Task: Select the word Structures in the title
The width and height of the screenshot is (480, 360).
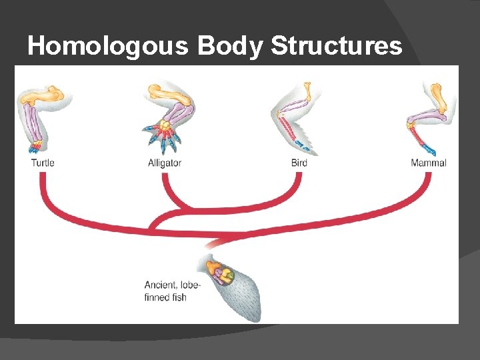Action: point(338,46)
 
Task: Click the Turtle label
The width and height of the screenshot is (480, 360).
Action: point(43,162)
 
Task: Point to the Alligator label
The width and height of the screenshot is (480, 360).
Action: point(165,162)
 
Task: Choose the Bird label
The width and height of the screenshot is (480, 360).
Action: point(299,162)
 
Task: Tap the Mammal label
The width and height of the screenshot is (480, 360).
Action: point(429,162)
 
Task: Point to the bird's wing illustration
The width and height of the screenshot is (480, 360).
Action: point(293,117)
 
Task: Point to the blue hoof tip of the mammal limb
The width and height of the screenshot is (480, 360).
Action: point(430,149)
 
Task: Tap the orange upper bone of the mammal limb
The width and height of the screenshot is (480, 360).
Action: point(438,97)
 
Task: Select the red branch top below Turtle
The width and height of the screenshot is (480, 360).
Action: point(43,177)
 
